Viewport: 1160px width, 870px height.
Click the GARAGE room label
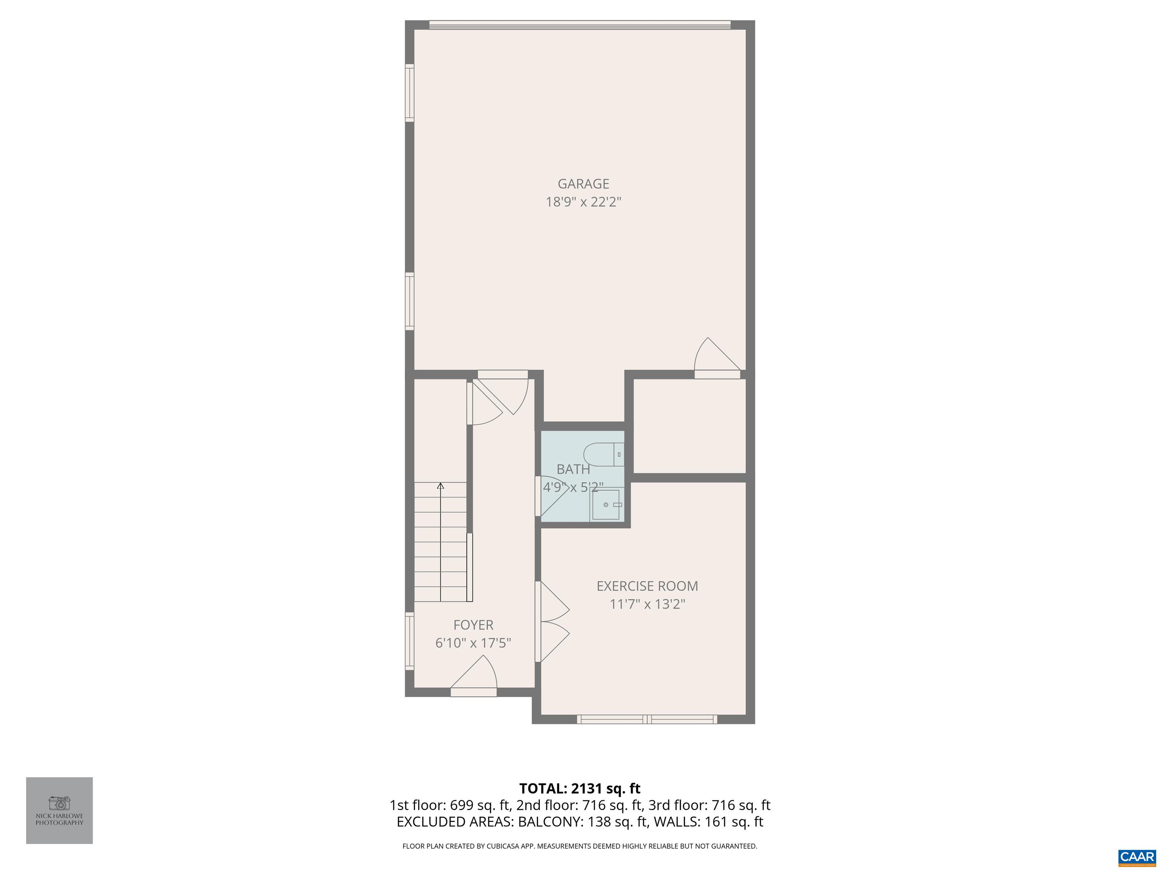coord(583,184)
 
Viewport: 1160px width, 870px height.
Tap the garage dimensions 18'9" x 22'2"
coord(583,202)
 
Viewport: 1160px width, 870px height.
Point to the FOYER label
coord(473,625)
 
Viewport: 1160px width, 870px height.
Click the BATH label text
coord(573,469)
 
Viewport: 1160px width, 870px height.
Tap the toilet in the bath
coord(603,454)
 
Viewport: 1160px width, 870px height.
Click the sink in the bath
coord(605,504)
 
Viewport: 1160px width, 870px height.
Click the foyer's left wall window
coord(410,640)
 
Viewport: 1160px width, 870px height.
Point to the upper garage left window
coord(410,93)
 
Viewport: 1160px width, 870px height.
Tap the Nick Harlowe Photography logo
coord(59,810)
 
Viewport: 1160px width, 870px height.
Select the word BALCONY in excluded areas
coord(549,822)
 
